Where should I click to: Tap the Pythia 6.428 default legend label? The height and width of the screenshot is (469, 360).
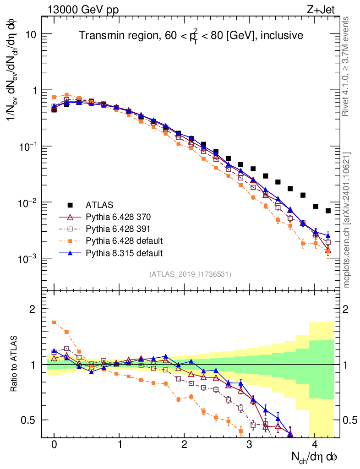(x=124, y=240)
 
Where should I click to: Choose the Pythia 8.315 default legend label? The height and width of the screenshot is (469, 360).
(x=124, y=252)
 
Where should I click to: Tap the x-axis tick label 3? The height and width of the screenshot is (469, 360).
(x=249, y=445)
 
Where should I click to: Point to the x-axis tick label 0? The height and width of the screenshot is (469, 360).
(x=54, y=445)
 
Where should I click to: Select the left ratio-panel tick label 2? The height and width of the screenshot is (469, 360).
(x=33, y=309)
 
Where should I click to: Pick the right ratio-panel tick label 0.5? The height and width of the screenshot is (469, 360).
(x=349, y=420)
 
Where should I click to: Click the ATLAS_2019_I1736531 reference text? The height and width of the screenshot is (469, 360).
(x=190, y=274)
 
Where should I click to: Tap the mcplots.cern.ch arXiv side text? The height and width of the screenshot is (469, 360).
(x=347, y=220)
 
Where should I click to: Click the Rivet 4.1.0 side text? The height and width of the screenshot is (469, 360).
(x=347, y=66)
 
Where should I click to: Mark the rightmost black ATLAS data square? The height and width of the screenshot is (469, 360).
(x=328, y=211)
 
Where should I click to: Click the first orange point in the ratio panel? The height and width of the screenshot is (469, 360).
(x=54, y=322)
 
